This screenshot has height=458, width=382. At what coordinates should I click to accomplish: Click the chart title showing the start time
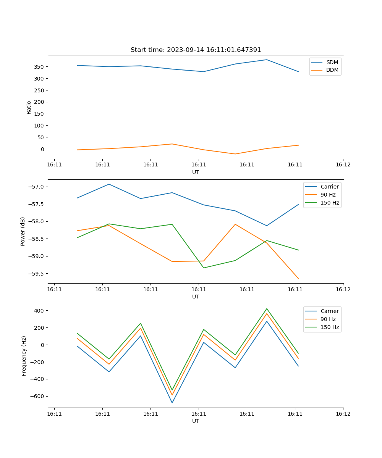[196, 50]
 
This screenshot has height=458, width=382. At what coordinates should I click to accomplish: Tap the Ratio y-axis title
[29, 107]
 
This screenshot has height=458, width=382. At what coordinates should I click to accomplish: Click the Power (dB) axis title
[23, 231]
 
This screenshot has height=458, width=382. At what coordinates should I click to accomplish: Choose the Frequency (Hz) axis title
[24, 356]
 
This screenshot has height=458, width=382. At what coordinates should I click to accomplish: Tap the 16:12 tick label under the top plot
[343, 164]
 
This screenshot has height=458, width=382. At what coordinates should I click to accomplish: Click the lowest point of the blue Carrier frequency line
[172, 403]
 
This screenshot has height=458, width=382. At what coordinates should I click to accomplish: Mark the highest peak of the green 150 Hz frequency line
[267, 309]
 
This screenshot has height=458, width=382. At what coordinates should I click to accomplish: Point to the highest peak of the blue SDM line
[267, 60]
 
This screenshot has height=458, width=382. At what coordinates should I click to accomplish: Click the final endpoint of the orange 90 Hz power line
[298, 279]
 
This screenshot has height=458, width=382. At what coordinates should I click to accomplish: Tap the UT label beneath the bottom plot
[196, 421]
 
